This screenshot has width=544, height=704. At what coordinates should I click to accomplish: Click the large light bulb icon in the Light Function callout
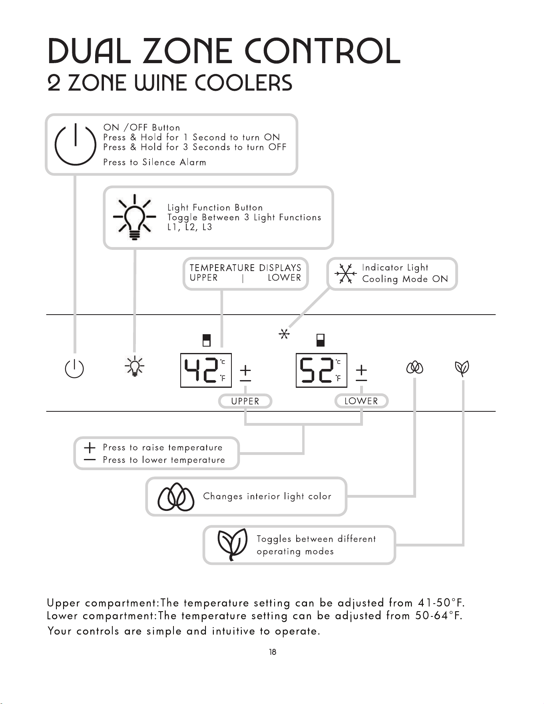pyautogui.click(x=134, y=217)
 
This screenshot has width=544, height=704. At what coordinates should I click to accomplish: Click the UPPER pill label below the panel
pyautogui.click(x=245, y=401)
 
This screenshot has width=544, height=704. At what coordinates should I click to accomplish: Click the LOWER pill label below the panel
pyautogui.click(x=361, y=401)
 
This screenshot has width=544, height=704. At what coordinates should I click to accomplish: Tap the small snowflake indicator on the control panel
pyautogui.click(x=284, y=334)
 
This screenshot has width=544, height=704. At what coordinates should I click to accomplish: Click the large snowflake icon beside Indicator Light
pyautogui.click(x=345, y=274)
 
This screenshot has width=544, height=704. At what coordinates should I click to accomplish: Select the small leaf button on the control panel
pyautogui.click(x=462, y=368)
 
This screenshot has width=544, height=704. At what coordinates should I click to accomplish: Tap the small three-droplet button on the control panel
pyautogui.click(x=414, y=367)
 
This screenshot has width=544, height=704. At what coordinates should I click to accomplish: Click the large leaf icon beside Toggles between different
pyautogui.click(x=232, y=544)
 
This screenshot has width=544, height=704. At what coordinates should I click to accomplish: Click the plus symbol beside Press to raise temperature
pyautogui.click(x=90, y=447)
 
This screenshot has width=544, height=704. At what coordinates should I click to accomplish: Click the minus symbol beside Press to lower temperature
pyautogui.click(x=90, y=460)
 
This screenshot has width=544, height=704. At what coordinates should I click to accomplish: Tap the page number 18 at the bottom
pyautogui.click(x=273, y=652)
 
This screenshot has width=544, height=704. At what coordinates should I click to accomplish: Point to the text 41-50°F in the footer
pyautogui.click(x=441, y=602)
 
